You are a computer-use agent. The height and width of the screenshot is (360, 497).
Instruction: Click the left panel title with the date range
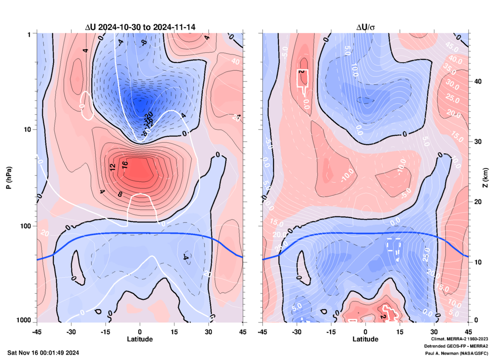tap(140, 27)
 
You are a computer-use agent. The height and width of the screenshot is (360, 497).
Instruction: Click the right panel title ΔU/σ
tap(365, 27)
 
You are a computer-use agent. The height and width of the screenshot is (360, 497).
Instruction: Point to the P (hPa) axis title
tap(9, 177)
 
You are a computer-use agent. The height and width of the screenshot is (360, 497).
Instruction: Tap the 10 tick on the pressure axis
tap(27, 130)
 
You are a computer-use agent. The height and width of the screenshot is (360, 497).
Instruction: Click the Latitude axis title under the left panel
tap(140, 339)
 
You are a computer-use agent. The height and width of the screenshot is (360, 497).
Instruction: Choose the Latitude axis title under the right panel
tap(365, 339)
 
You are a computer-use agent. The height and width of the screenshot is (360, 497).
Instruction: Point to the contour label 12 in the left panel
tap(113, 166)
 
